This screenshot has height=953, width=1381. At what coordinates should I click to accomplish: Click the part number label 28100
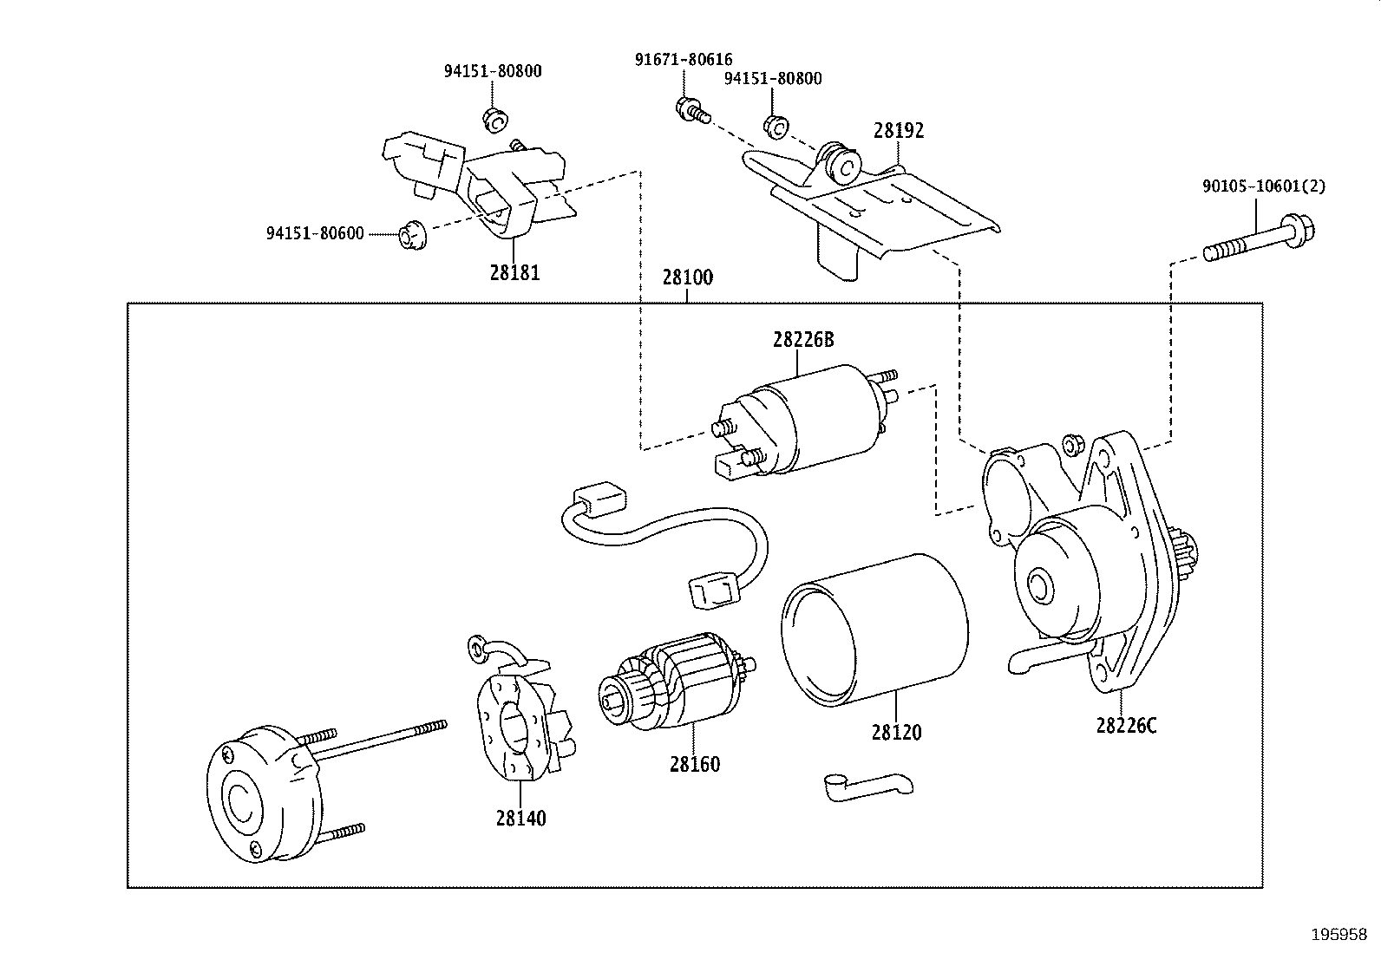pyautogui.click(x=687, y=277)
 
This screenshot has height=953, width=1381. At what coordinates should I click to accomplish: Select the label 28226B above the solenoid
pyautogui.click(x=803, y=340)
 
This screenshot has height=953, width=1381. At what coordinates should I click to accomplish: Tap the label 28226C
pyautogui.click(x=1126, y=726)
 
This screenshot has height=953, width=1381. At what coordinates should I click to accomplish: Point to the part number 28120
pyautogui.click(x=897, y=732)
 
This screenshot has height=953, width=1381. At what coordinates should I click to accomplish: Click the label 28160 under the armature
pyautogui.click(x=694, y=764)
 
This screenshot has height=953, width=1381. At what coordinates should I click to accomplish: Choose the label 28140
pyautogui.click(x=521, y=818)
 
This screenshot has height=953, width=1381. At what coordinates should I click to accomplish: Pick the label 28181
pyautogui.click(x=514, y=272)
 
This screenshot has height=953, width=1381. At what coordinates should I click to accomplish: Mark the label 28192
pyautogui.click(x=899, y=131)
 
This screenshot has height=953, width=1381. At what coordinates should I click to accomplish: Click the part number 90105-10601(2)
pyautogui.click(x=1263, y=186)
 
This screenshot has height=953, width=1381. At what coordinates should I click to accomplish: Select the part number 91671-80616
pyautogui.click(x=684, y=59)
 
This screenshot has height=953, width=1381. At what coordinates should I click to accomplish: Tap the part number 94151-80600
pyautogui.click(x=315, y=233)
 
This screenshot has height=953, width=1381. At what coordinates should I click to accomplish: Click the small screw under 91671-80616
pyautogui.click(x=690, y=109)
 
